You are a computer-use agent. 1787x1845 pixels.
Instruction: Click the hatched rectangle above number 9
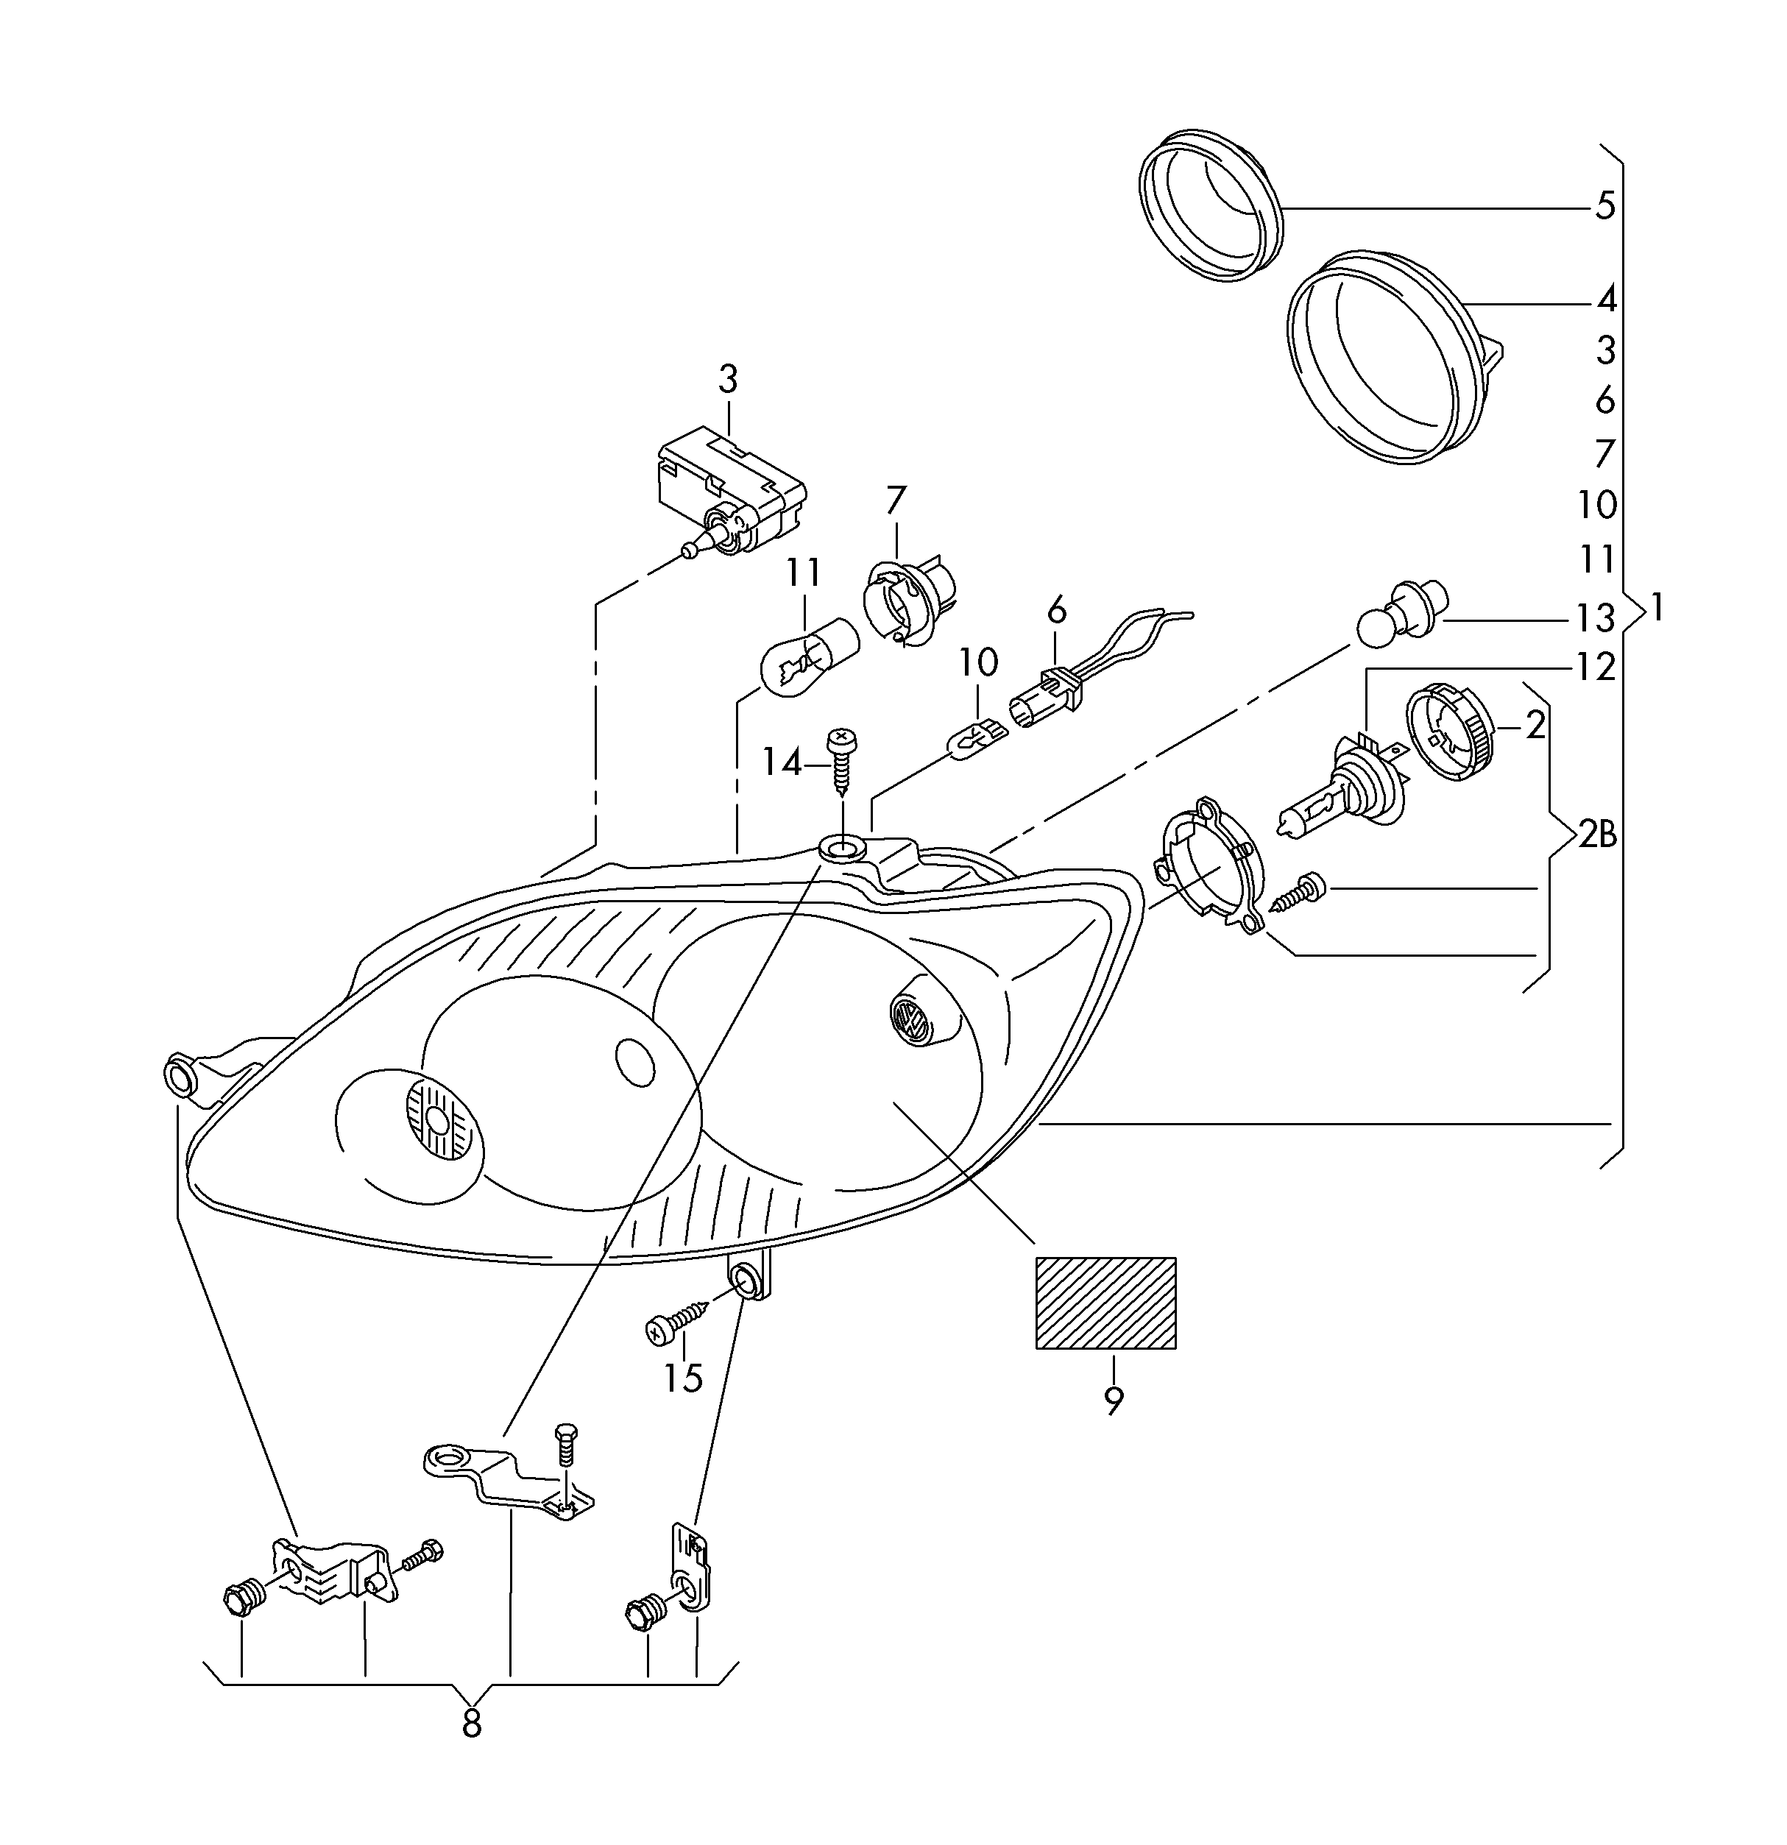pyautogui.click(x=1105, y=1303)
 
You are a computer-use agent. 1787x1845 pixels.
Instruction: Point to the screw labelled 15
pyautogui.click(x=677, y=1316)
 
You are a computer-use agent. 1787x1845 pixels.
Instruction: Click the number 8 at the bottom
pyautogui.click(x=472, y=1724)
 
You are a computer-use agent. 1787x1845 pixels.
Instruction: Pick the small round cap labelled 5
pyautogui.click(x=1210, y=205)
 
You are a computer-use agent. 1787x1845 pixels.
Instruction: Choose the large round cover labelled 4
pyautogui.click(x=1392, y=358)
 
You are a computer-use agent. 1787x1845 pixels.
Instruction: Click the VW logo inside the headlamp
pyautogui.click(x=910, y=1019)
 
